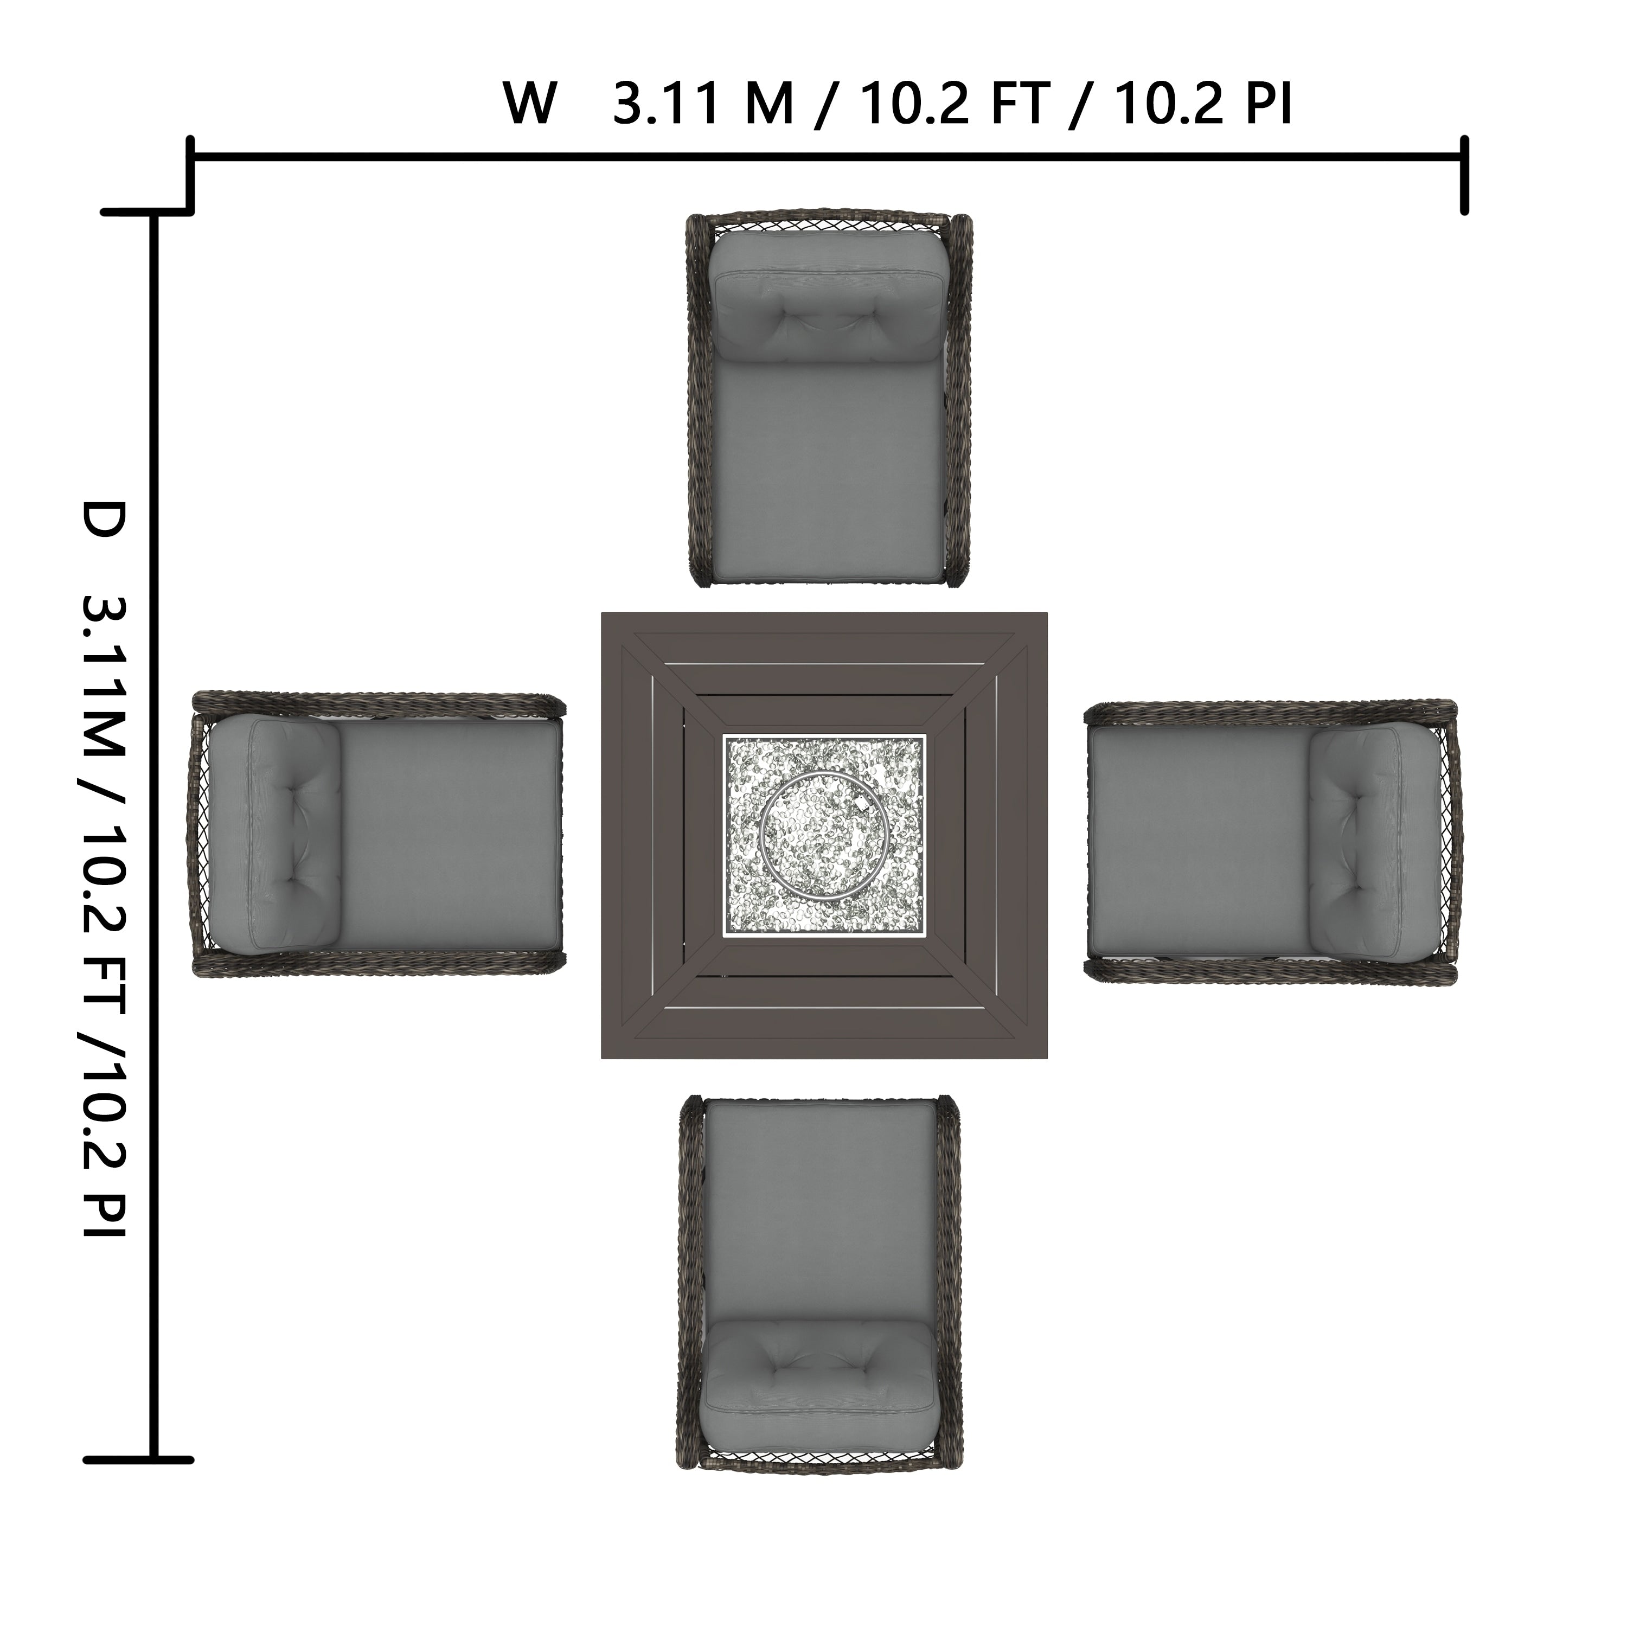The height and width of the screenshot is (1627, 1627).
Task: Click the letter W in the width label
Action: [530, 104]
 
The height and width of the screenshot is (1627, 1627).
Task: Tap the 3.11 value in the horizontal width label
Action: [667, 104]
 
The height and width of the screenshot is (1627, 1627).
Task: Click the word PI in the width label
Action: [1266, 104]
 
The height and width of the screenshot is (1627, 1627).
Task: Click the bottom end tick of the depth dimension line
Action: [139, 1459]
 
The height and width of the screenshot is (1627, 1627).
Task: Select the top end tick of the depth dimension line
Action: [148, 212]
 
